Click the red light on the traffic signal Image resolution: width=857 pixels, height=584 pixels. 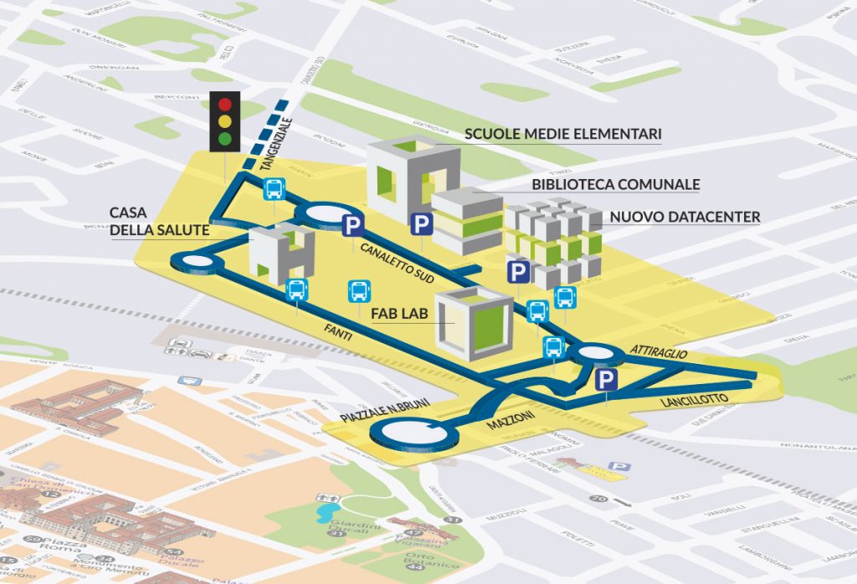(x=224, y=105)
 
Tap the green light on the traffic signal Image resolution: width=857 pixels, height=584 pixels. (x=224, y=138)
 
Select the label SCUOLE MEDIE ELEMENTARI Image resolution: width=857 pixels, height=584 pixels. (x=563, y=133)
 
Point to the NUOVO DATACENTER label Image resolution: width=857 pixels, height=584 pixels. (x=685, y=217)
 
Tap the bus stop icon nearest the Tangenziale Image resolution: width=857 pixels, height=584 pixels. (x=275, y=190)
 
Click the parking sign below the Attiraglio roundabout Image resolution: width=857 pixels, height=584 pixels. (x=606, y=382)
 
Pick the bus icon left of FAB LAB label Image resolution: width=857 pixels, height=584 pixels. (x=358, y=291)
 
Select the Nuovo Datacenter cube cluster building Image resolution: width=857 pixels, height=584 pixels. (x=553, y=242)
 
